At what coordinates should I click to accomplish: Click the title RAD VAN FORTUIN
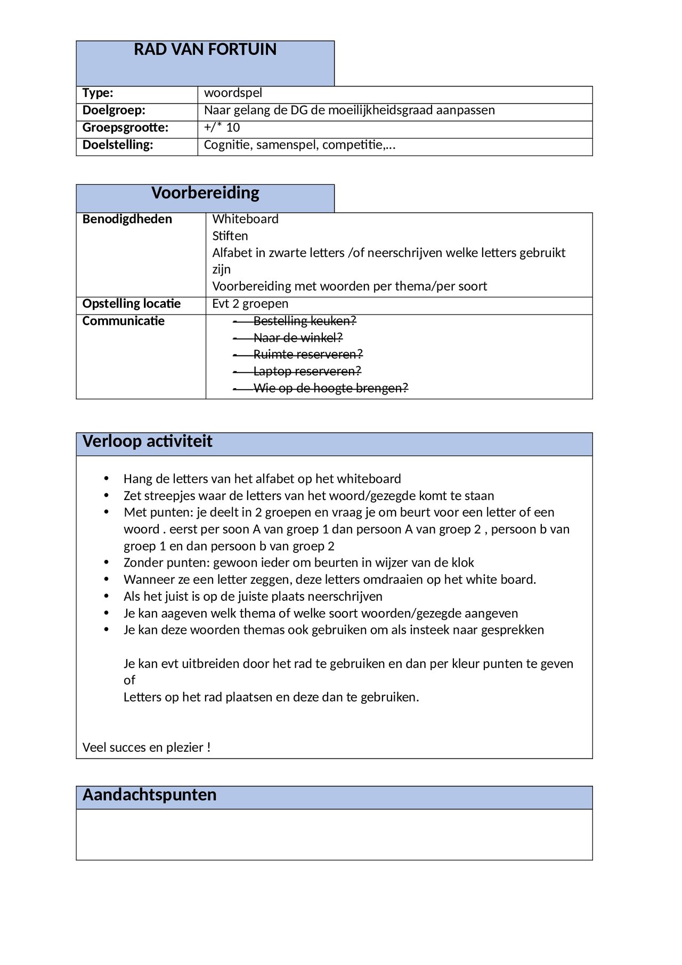205,50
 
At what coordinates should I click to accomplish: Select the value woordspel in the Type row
233,93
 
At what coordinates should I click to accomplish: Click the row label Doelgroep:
113,110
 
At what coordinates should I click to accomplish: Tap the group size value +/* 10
222,127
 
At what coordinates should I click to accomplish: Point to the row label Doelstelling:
117,145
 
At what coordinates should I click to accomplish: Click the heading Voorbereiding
205,193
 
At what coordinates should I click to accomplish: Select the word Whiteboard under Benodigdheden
245,219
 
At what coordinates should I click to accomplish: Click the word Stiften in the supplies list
230,236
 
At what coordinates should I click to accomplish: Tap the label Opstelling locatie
131,304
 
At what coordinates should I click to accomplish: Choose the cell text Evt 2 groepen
250,304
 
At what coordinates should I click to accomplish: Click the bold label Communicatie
123,321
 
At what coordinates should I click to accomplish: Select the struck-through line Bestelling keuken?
304,321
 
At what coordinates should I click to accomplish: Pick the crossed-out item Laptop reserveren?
307,371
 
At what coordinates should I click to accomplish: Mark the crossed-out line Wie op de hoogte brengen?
330,388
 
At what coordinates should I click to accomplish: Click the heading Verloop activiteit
147,441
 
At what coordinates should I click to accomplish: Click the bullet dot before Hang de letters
107,479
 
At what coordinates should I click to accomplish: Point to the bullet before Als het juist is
107,597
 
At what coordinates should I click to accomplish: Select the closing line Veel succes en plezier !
147,747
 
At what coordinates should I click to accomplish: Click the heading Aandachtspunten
149,795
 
